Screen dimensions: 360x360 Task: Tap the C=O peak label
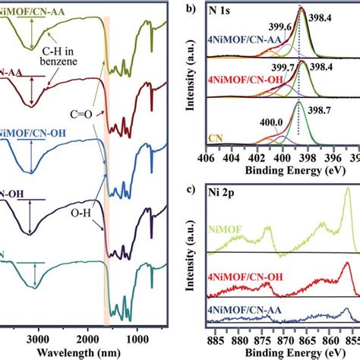pos(82,113)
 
